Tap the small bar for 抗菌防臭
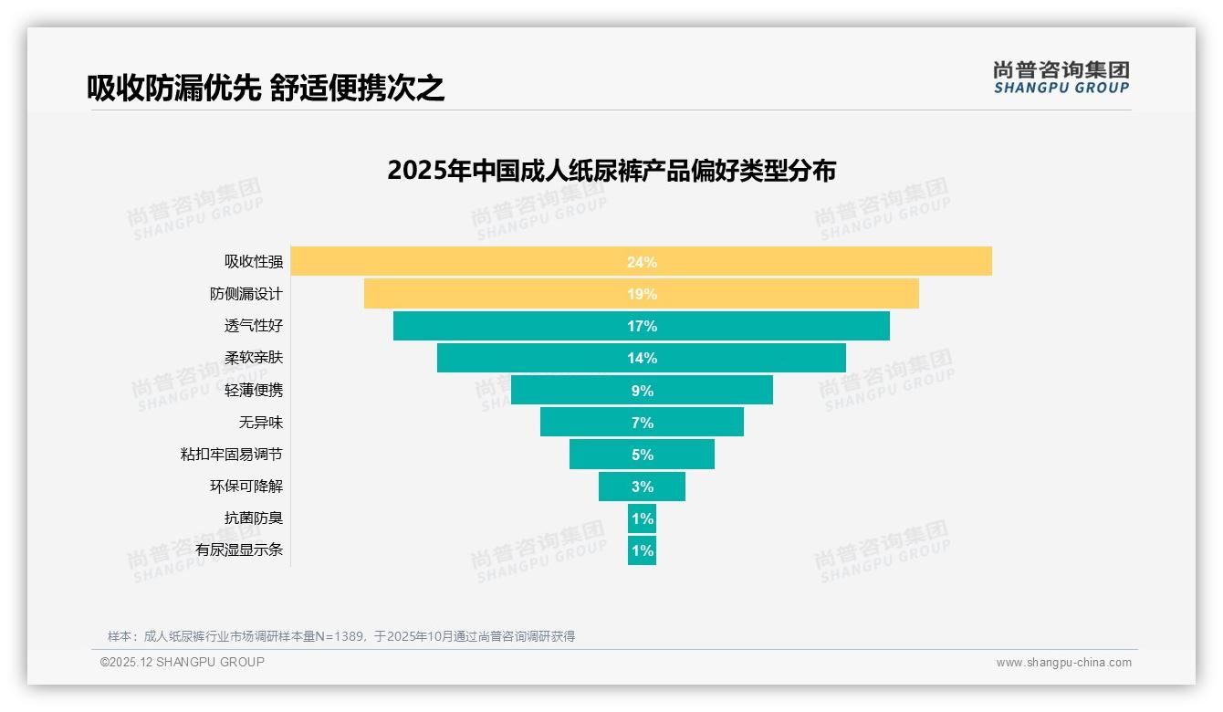[642, 518]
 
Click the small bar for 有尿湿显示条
[642, 550]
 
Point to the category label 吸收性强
[254, 262]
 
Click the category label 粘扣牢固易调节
[232, 454]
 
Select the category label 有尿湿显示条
[239, 550]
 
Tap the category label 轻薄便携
[254, 390]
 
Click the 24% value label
[642, 262]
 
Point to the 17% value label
[642, 326]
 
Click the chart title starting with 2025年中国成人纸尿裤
[611, 171]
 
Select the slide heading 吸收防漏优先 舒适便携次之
[266, 88]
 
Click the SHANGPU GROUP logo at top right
[1061, 78]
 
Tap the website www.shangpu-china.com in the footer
[1063, 663]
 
